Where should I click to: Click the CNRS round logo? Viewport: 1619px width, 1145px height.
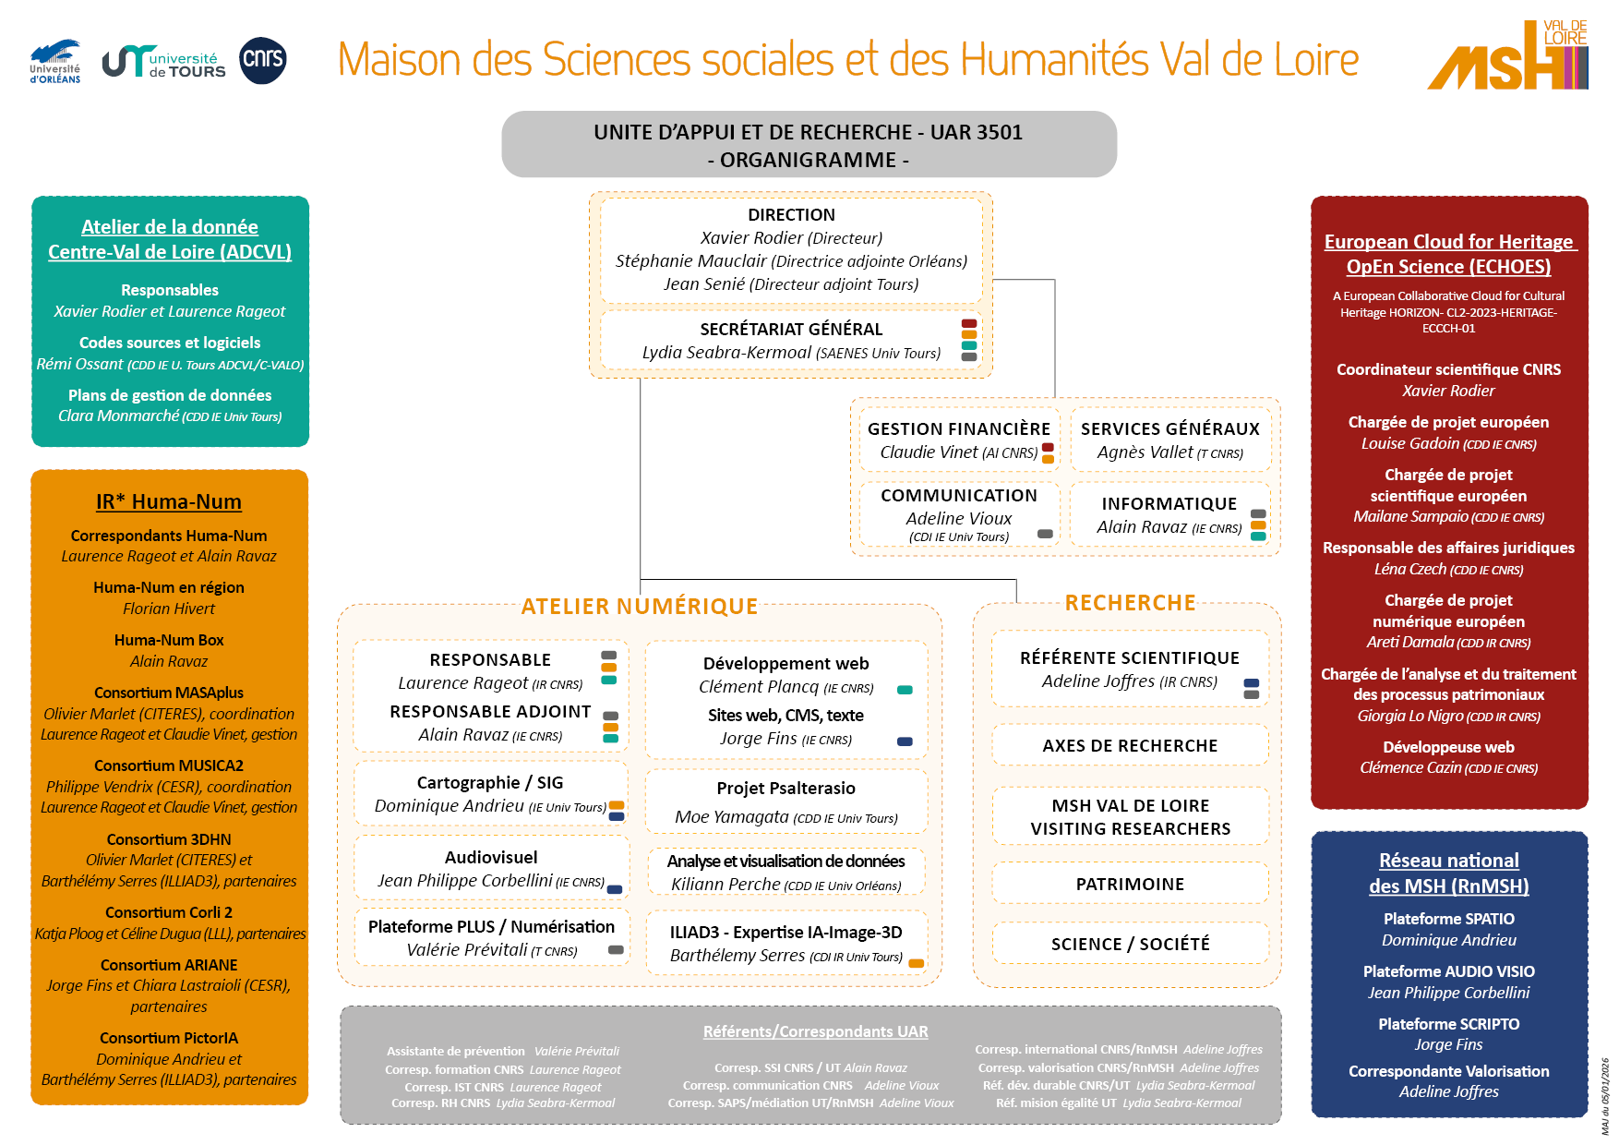[x=262, y=61]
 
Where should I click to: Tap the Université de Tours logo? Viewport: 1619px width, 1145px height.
[x=164, y=62]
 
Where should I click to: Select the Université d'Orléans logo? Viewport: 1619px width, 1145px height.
[x=55, y=62]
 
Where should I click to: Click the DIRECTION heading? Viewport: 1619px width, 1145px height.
[x=791, y=215]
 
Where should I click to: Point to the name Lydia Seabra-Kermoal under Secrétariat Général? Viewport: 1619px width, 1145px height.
[x=726, y=353]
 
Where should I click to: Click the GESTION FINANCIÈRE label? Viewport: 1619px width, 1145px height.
[x=958, y=428]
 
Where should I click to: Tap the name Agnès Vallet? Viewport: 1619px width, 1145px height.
[x=1145, y=452]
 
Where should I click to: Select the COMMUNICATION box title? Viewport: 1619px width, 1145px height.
[x=958, y=496]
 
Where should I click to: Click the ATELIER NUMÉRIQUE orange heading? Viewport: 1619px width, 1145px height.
[x=639, y=607]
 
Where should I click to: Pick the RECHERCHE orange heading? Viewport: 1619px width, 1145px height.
[x=1130, y=603]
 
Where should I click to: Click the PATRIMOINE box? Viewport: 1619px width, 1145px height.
[x=1130, y=884]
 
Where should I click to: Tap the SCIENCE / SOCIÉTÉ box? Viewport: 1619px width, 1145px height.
[x=1130, y=944]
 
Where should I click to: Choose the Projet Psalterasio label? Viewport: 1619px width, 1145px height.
[x=786, y=789]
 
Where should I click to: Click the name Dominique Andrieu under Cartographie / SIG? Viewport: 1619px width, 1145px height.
[x=449, y=806]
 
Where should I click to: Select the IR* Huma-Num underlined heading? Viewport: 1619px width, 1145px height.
[x=169, y=501]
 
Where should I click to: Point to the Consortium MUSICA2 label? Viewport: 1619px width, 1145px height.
[x=169, y=765]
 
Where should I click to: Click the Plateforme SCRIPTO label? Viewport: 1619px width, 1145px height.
[x=1448, y=1024]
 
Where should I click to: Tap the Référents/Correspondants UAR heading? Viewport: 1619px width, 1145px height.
[x=815, y=1031]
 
